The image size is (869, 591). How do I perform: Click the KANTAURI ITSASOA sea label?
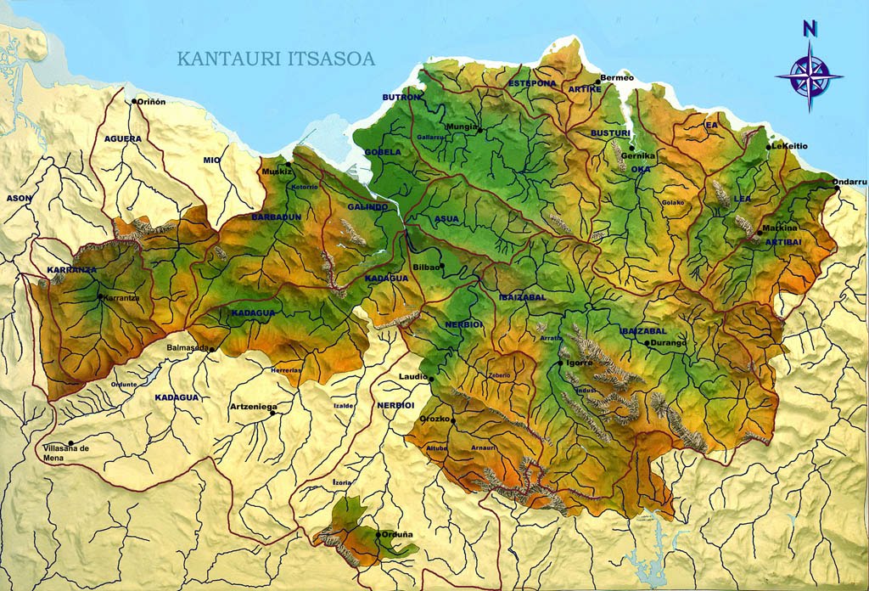tap(276, 59)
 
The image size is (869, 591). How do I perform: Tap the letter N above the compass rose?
tap(810, 28)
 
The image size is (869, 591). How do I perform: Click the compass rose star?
tap(810, 76)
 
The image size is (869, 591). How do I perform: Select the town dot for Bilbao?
tap(442, 265)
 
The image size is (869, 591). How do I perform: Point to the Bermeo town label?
tap(617, 78)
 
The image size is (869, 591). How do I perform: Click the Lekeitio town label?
tap(789, 146)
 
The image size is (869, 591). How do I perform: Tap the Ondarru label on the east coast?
tap(849, 181)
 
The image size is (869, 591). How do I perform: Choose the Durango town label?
tap(669, 343)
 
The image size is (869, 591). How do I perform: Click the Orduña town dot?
tap(378, 533)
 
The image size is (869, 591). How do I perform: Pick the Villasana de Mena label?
tap(66, 452)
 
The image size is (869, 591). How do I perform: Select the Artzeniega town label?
tap(253, 407)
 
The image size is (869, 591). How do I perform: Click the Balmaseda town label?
tap(188, 347)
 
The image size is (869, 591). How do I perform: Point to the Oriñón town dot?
tap(133, 101)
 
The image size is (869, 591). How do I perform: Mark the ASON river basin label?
tap(19, 198)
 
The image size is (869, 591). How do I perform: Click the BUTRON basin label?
tap(401, 98)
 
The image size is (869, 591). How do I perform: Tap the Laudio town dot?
tap(432, 379)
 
